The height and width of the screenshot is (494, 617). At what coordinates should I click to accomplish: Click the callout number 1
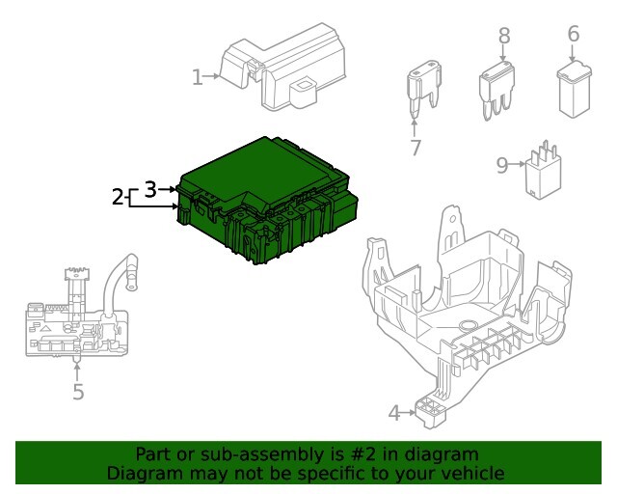[197, 77]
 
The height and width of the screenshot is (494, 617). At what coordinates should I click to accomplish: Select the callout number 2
[118, 197]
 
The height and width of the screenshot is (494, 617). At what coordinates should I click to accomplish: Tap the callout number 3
[149, 189]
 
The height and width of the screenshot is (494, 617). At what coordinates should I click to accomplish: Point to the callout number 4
[393, 413]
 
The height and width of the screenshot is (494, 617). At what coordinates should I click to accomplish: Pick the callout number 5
[78, 392]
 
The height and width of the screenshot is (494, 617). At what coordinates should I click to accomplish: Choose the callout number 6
[573, 34]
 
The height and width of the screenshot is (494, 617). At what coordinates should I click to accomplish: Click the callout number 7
[416, 148]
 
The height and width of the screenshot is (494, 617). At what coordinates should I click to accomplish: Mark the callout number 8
[503, 36]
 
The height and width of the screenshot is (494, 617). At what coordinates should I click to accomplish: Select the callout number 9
[501, 165]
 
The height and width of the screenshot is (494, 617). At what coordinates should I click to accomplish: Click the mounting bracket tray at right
[463, 299]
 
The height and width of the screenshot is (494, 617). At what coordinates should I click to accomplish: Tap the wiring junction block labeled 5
[72, 323]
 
